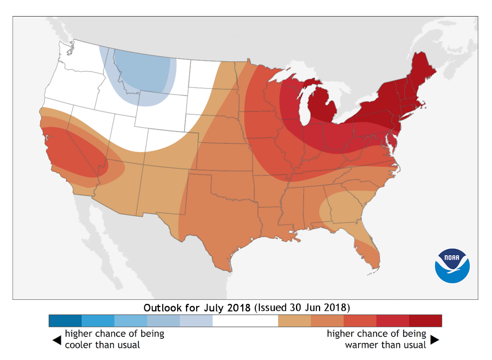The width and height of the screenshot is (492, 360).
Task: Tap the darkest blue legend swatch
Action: pyautogui.click(x=65, y=320)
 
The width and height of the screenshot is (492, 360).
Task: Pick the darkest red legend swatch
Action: pyautogui.click(x=425, y=320)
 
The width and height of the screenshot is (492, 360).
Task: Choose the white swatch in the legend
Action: pyautogui.click(x=245, y=320)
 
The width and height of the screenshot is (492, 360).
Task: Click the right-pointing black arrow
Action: pyautogui.click(x=435, y=340)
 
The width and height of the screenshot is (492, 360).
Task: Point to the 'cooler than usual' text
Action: pyautogui.click(x=102, y=345)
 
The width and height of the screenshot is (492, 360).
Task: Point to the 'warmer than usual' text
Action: pyautogui.click(x=386, y=345)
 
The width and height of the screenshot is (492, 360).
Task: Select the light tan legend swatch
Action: pyautogui.click(x=294, y=320)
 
